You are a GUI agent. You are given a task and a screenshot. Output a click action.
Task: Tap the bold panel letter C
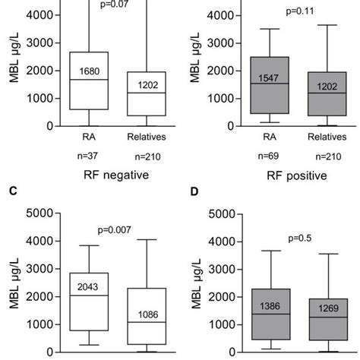[13, 191]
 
